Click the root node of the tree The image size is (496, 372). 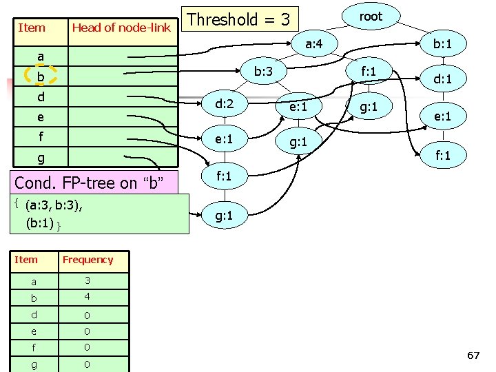click(x=371, y=17)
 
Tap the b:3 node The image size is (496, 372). click(x=265, y=71)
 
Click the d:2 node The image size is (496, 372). click(x=225, y=105)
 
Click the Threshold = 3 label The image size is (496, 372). click(x=238, y=19)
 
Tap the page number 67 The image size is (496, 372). click(x=473, y=355)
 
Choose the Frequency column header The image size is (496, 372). click(x=87, y=260)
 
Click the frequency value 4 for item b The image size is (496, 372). click(x=87, y=298)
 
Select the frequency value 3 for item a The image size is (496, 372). click(x=87, y=280)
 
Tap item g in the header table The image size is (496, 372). click(x=41, y=158)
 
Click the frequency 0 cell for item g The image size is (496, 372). click(x=87, y=364)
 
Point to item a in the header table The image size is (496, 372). click(x=41, y=56)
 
